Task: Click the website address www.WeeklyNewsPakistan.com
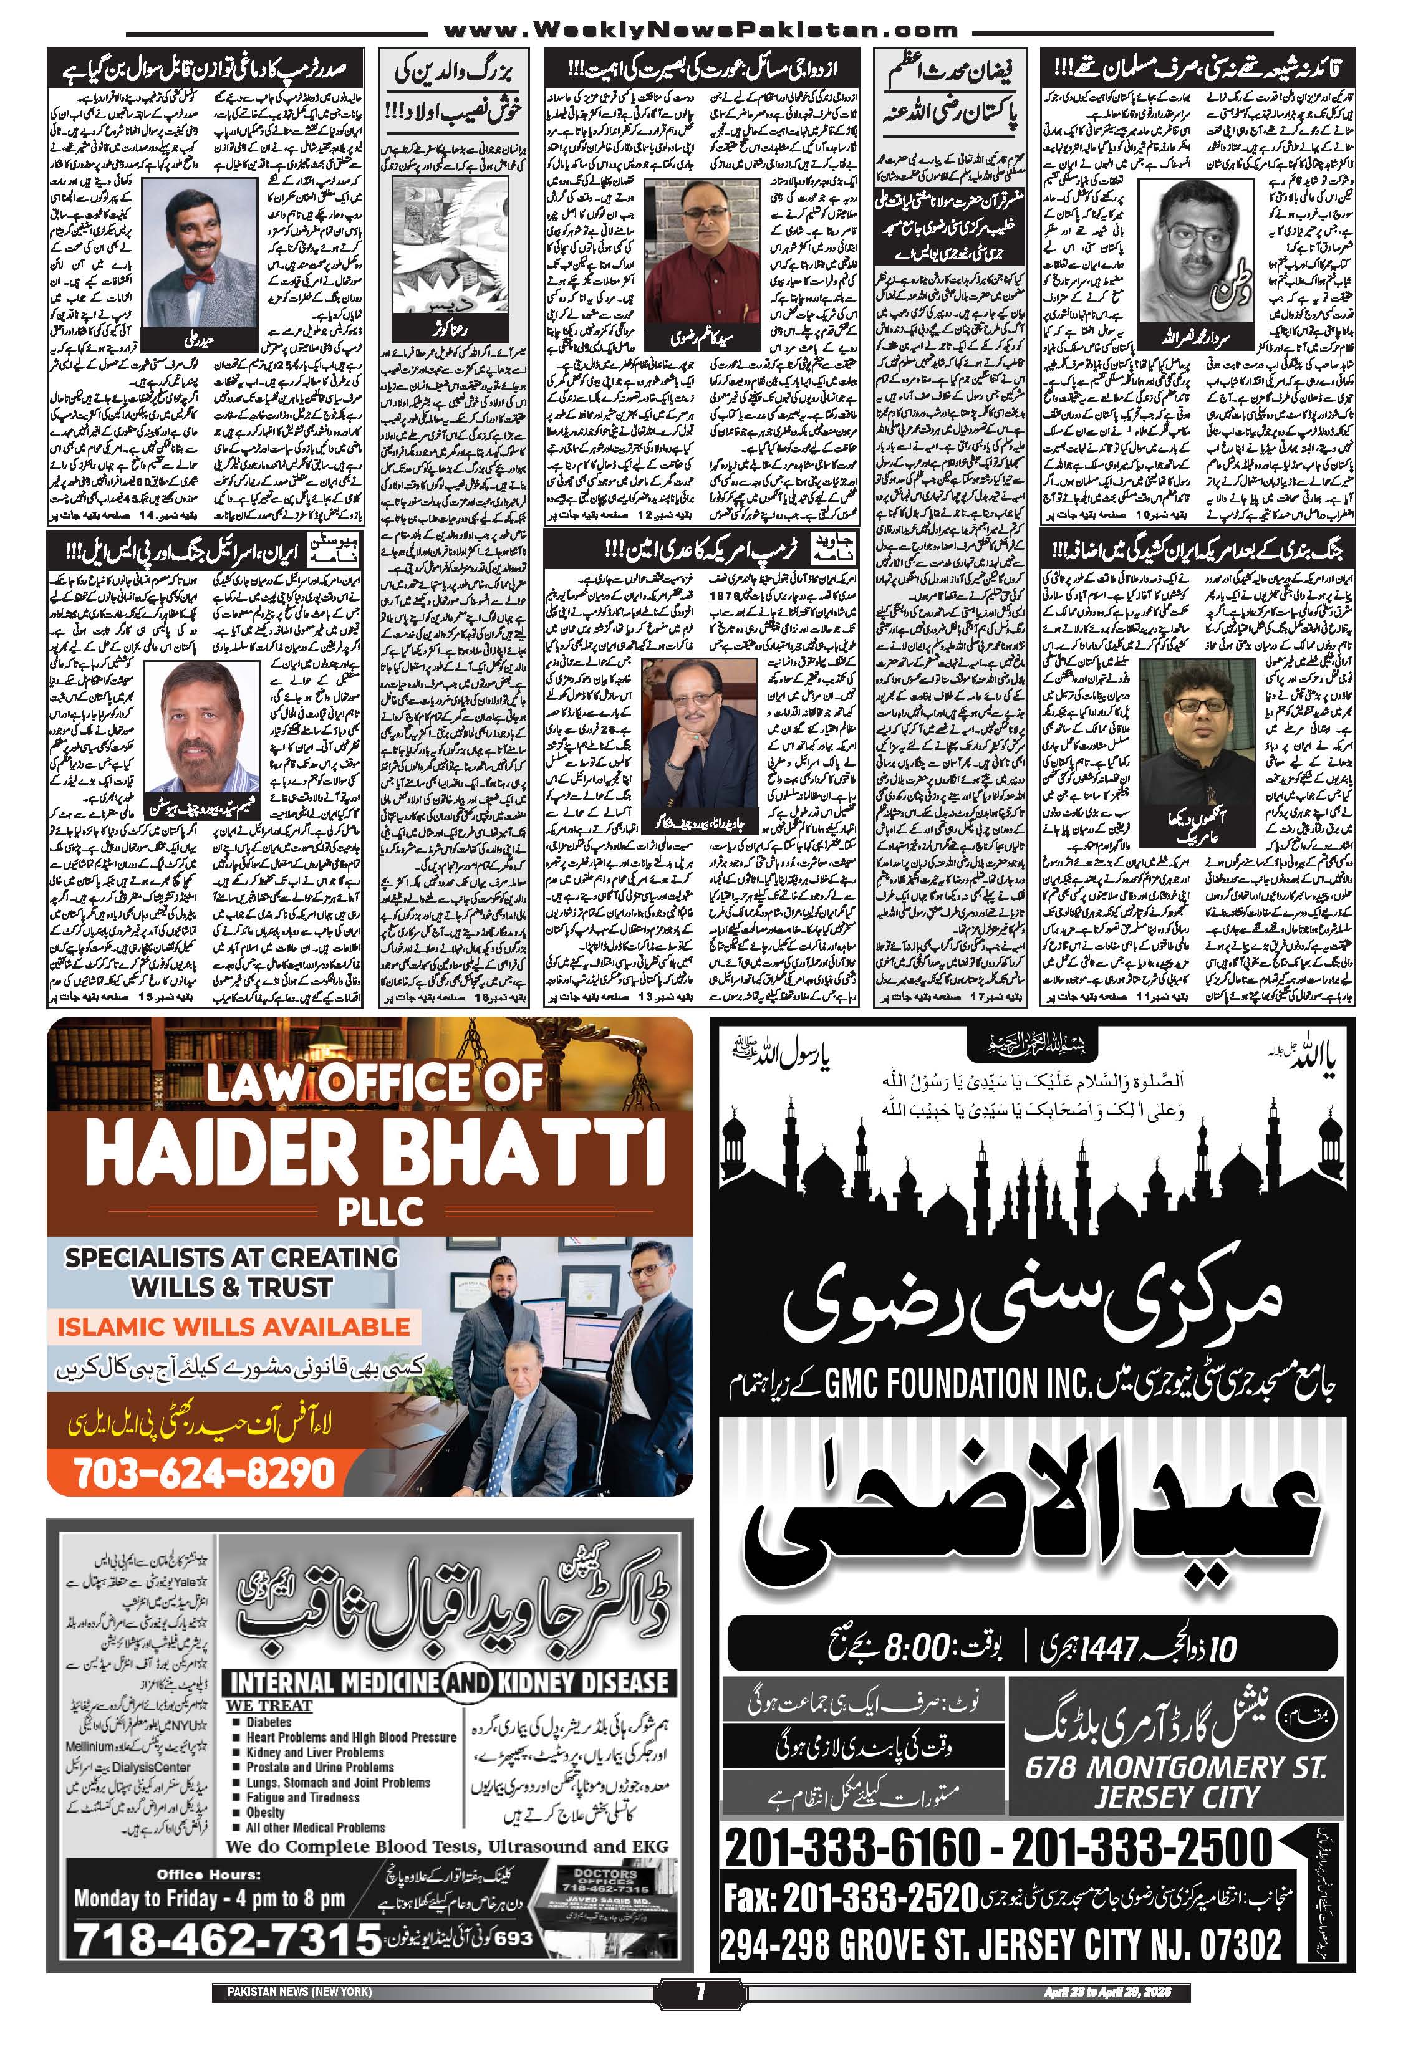point(699,30)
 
